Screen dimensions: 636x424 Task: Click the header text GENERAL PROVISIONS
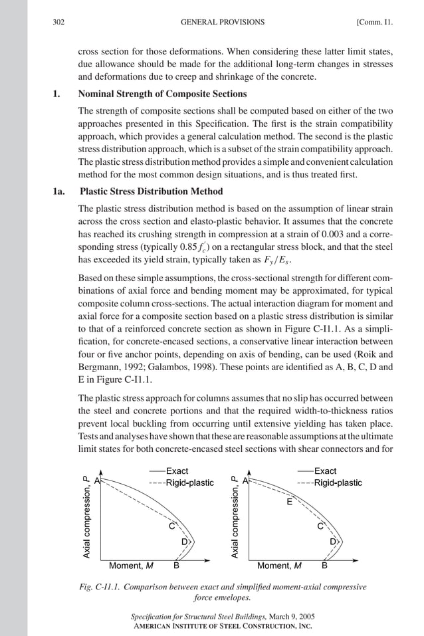point(222,22)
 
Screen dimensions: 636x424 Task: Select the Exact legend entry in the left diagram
point(176,471)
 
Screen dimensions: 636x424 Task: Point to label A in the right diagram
point(245,480)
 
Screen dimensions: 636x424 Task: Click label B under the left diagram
point(176,566)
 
